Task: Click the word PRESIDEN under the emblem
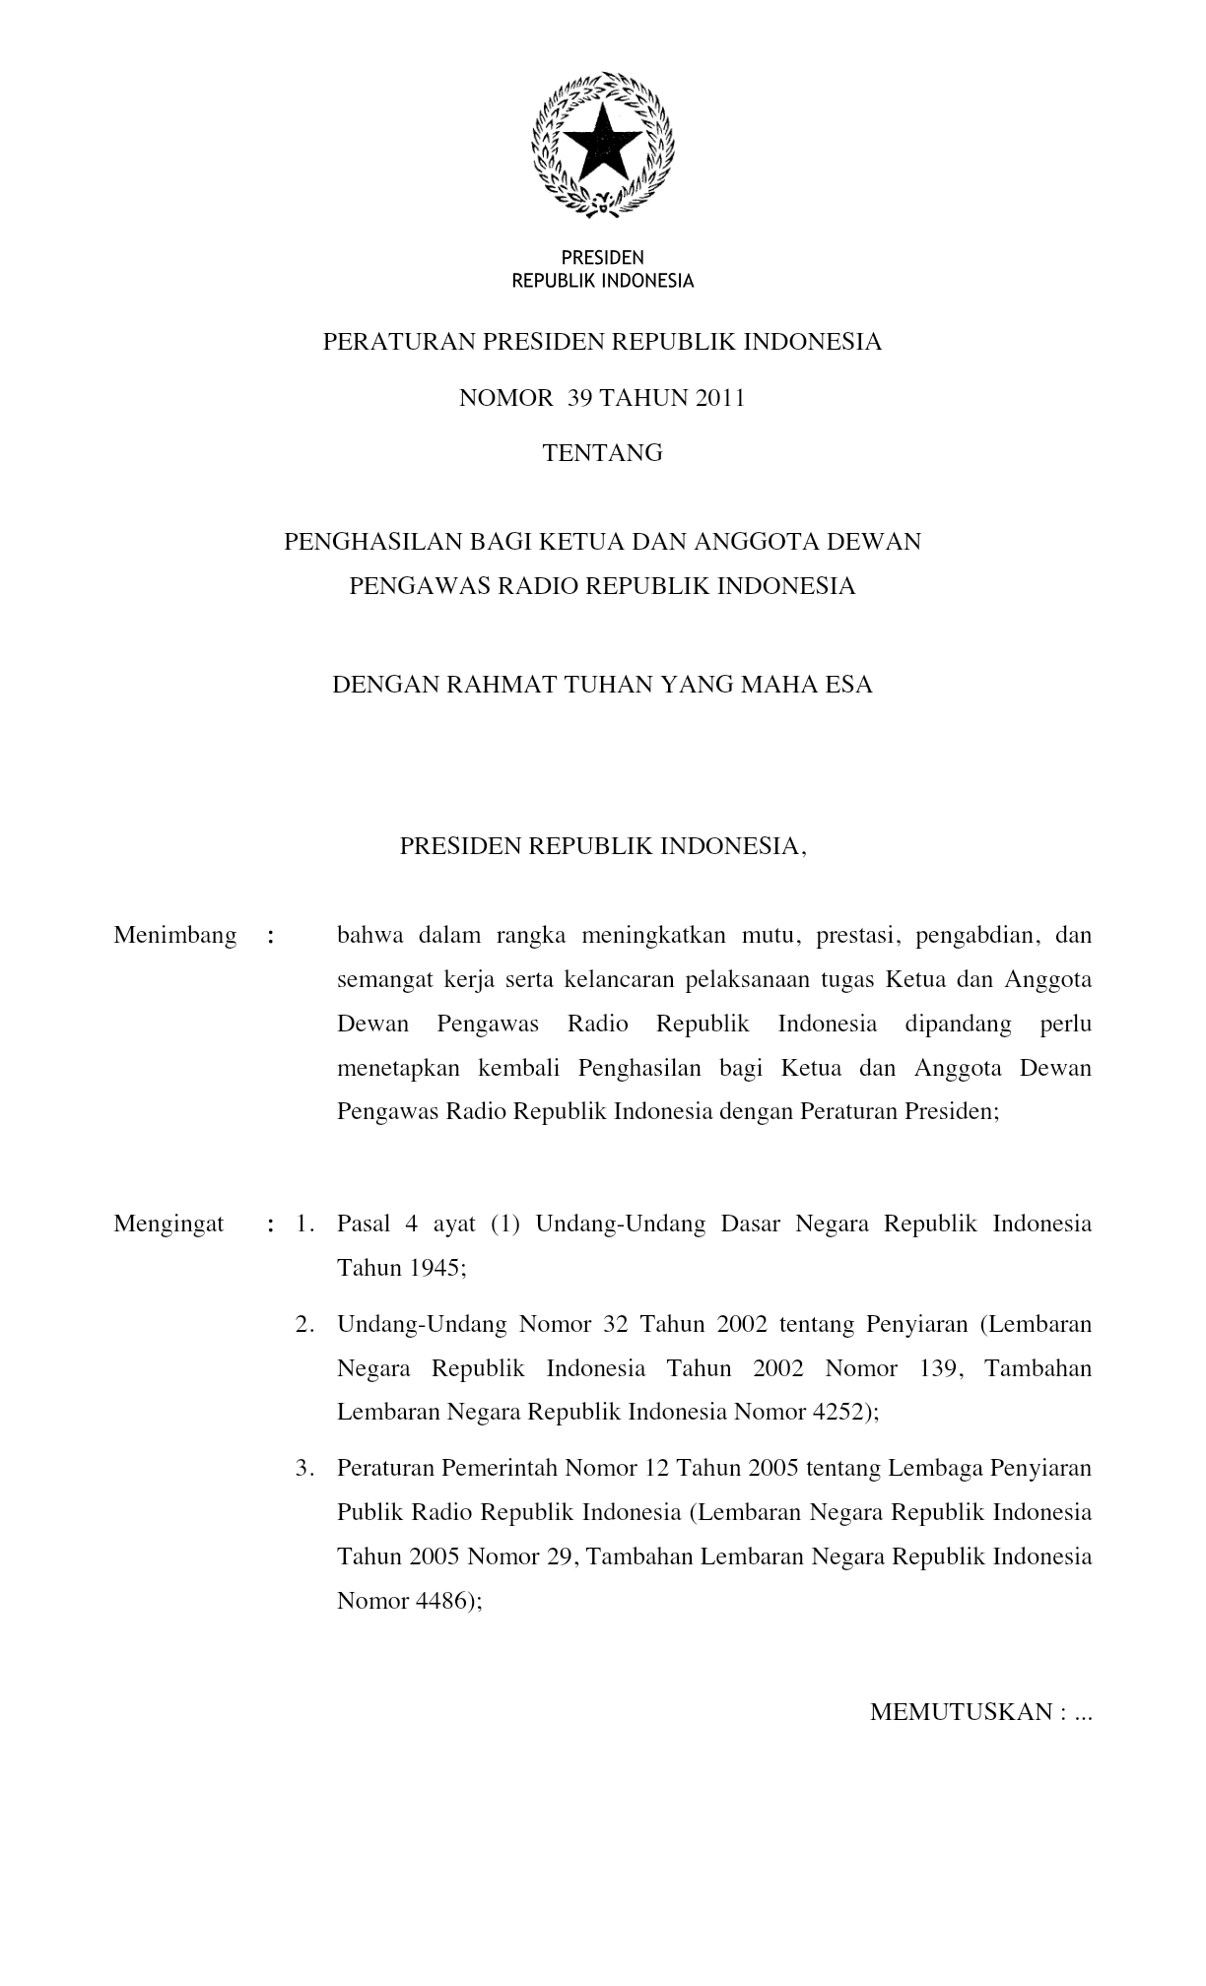[x=602, y=258]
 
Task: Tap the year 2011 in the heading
[x=718, y=399]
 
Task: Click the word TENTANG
[x=603, y=453]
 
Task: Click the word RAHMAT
[x=502, y=685]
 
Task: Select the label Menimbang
[x=175, y=935]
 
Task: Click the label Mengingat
[x=168, y=1225]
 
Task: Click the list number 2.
[x=304, y=1324]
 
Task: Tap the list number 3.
[x=304, y=1469]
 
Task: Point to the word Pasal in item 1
[x=365, y=1225]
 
